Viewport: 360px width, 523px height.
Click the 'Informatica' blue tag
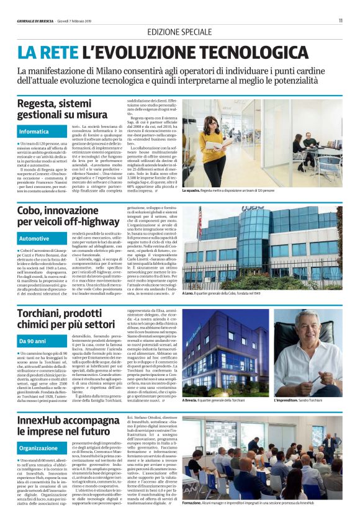pyautogui.click(x=34, y=132)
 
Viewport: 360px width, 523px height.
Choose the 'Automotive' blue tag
pyautogui.click(x=34, y=238)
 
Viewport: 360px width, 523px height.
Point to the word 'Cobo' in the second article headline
pyautogui.click(x=30, y=212)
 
